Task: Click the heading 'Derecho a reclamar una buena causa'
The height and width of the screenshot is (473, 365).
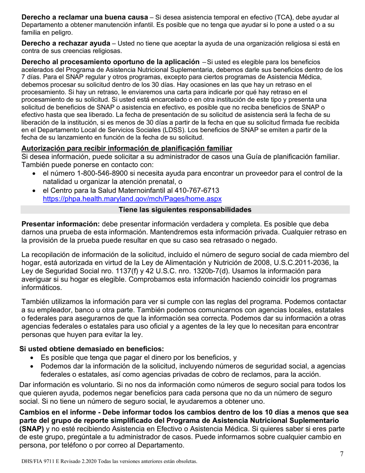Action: click(85, 18)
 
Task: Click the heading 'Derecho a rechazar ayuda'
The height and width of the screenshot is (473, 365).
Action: click(66, 43)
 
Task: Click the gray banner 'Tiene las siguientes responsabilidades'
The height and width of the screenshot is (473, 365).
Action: click(185, 210)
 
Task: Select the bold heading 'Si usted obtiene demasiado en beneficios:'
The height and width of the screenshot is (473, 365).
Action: click(91, 349)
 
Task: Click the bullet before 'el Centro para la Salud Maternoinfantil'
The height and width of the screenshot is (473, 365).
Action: click(35, 191)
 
